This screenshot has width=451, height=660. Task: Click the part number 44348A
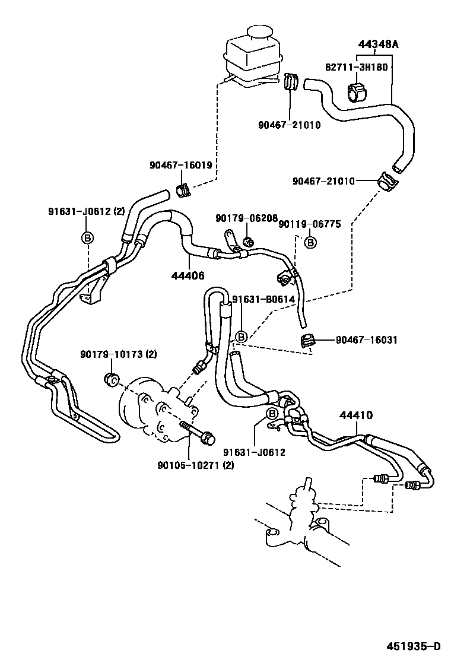point(378,44)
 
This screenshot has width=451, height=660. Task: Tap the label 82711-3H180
point(356,67)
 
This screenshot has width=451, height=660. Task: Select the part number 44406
point(188,275)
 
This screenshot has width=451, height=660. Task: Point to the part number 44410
point(356,415)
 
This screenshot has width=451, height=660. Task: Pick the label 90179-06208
point(246,218)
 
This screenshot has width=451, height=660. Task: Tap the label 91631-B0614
point(263,300)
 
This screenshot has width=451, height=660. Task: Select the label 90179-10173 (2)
point(118,355)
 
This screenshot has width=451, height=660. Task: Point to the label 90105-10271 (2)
point(195,465)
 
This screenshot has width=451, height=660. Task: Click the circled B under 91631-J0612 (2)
point(87,238)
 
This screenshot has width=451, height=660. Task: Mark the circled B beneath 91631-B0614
point(241,337)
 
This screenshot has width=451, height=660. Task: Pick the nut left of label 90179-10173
point(110,379)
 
